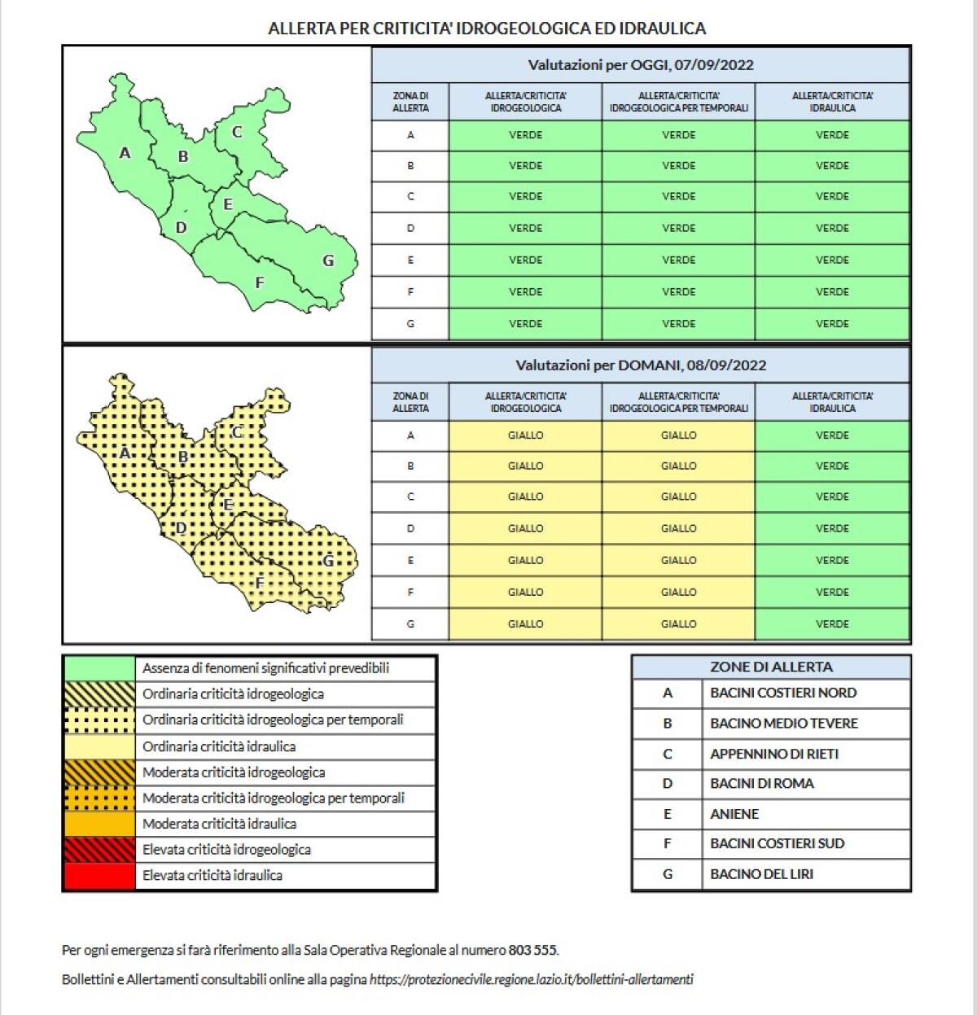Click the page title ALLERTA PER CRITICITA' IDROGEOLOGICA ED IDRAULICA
(487, 28)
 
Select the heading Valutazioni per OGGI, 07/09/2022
(640, 65)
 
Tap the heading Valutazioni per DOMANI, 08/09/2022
(640, 365)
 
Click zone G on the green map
(328, 261)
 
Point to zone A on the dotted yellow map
(125, 453)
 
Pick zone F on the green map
(260, 283)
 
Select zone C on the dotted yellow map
(237, 433)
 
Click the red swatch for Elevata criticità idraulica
(99, 876)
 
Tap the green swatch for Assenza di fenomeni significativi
(99, 668)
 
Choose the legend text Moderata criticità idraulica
(219, 824)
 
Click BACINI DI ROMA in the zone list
(762, 784)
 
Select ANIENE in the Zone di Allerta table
(734, 814)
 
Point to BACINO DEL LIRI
(761, 874)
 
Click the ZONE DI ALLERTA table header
(771, 667)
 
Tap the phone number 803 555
(532, 950)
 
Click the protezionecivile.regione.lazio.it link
(531, 980)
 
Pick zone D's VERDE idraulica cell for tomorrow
(832, 528)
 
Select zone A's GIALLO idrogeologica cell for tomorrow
(525, 435)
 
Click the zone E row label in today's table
(410, 260)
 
